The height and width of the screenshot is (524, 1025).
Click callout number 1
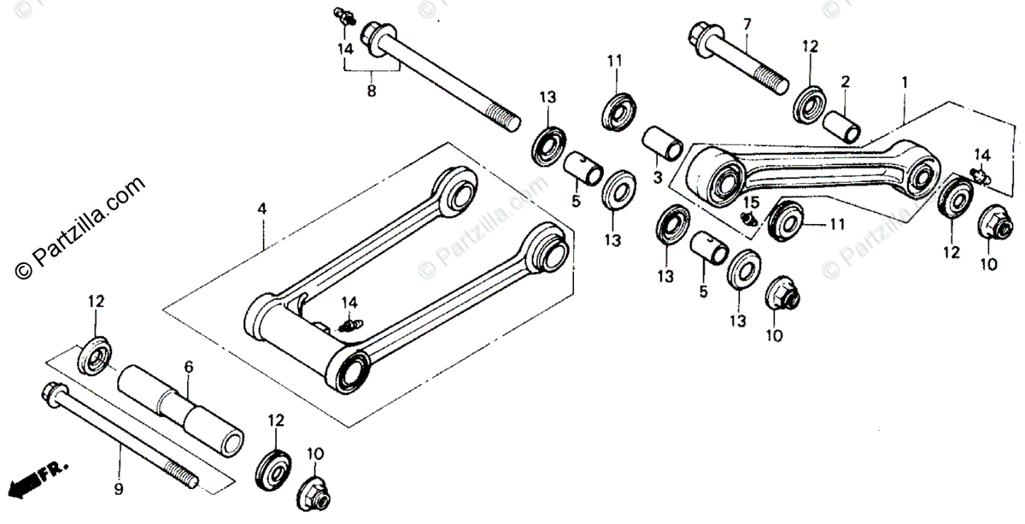905,83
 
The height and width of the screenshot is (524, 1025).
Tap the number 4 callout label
263,208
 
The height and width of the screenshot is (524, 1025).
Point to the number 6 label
189,367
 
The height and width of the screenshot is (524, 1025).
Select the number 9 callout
119,489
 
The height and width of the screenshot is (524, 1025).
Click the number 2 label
845,82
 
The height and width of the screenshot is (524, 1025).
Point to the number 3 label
658,176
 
